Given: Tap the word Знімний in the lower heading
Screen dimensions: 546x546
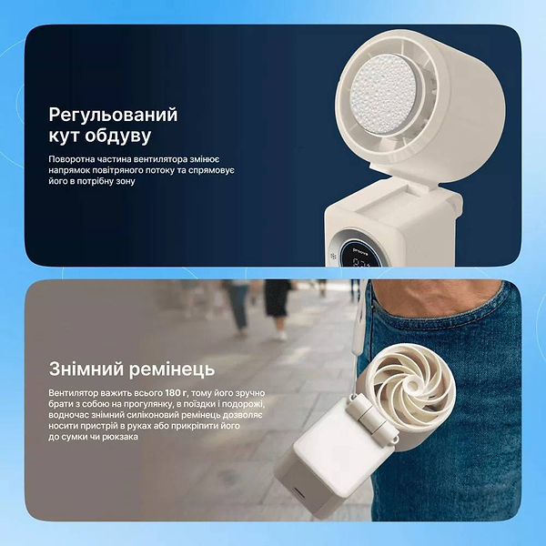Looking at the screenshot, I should pyautogui.click(x=87, y=369).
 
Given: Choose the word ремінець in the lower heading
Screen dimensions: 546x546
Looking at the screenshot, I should pyautogui.click(x=170, y=369).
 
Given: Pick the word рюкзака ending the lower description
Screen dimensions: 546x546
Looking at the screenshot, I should pyautogui.click(x=119, y=437).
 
